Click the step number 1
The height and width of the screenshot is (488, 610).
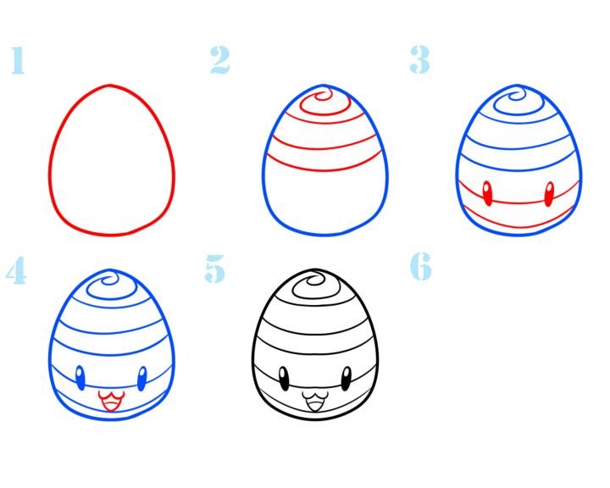(x=18, y=60)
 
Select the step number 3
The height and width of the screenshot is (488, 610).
(x=419, y=59)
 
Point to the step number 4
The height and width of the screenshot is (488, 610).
(x=16, y=270)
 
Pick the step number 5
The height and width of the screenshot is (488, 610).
(x=215, y=269)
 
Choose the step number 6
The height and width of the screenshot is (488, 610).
(x=421, y=266)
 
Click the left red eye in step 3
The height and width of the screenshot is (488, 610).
(x=487, y=193)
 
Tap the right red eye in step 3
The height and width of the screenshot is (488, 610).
(x=549, y=194)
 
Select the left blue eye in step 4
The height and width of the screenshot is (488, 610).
(x=80, y=378)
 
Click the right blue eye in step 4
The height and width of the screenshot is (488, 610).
(x=142, y=379)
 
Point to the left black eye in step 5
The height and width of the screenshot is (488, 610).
(x=284, y=379)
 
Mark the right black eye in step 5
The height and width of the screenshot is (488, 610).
(x=347, y=379)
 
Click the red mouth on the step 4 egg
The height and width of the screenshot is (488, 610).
(x=111, y=401)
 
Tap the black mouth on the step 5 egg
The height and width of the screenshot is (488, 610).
(x=315, y=402)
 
